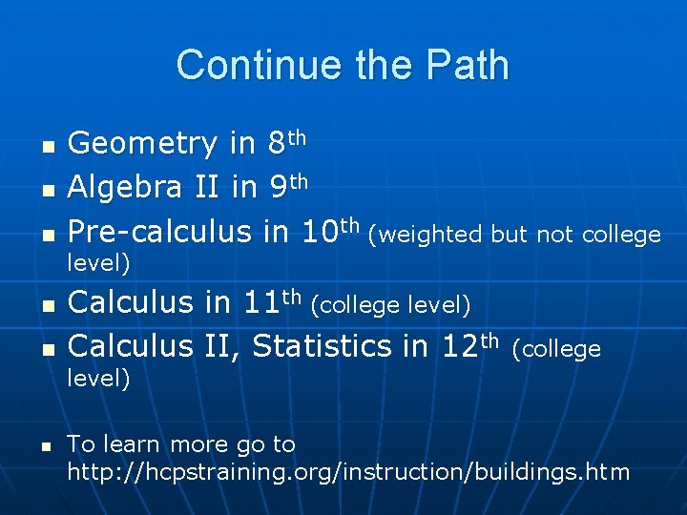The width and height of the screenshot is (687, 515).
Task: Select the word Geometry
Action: (x=142, y=145)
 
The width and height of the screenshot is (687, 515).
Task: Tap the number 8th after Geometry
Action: (x=285, y=143)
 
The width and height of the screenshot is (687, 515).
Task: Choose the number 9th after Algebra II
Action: (x=285, y=187)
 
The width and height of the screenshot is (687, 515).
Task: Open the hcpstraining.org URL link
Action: (x=347, y=471)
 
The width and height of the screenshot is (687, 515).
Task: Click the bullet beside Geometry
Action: (x=45, y=147)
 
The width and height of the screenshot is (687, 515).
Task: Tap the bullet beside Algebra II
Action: (x=45, y=191)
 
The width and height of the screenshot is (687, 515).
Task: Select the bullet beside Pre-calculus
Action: (x=45, y=235)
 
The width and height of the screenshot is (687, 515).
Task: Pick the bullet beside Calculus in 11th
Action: (x=45, y=306)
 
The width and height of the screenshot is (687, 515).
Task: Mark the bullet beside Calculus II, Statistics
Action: (x=45, y=349)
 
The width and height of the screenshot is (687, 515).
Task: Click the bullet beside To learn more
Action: (x=45, y=446)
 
